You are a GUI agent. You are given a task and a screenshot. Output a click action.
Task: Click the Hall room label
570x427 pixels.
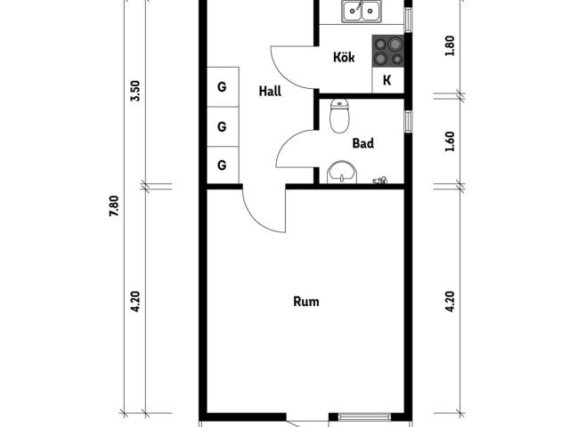pyautogui.click(x=270, y=91)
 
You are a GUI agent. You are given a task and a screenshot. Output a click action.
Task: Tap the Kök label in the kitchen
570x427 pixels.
pyautogui.click(x=344, y=57)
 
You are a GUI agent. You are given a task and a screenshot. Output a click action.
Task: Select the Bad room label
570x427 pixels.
pyautogui.click(x=362, y=143)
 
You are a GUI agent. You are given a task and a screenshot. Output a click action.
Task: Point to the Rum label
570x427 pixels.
pyautogui.click(x=306, y=302)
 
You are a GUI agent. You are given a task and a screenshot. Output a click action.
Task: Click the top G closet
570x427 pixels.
pyautogui.click(x=223, y=87)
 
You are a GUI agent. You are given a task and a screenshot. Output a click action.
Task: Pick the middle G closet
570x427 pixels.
pyautogui.click(x=223, y=126)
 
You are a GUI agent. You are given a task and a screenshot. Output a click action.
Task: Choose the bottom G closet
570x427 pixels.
pyautogui.click(x=223, y=165)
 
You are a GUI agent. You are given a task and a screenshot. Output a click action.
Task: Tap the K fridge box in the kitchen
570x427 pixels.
pyautogui.click(x=388, y=80)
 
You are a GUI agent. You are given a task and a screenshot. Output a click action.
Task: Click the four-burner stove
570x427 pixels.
pyautogui.click(x=388, y=52)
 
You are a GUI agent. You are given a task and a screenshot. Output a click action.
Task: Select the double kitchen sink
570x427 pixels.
pyautogui.click(x=362, y=12)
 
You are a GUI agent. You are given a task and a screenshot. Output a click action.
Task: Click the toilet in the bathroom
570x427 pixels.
pyautogui.click(x=339, y=117)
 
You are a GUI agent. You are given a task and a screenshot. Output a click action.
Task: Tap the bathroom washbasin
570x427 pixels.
pyautogui.click(x=342, y=173)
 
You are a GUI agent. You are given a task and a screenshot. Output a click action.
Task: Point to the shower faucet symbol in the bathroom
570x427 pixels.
pyautogui.click(x=380, y=180)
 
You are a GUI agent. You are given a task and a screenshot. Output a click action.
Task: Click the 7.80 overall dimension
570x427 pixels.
pyautogui.click(x=114, y=205)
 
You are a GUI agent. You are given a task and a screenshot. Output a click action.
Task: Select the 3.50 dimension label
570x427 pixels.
pyautogui.click(x=134, y=91)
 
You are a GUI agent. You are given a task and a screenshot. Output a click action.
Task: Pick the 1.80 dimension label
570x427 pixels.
pyautogui.click(x=450, y=45)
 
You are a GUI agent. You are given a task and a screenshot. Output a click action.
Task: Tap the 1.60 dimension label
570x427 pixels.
pyautogui.click(x=450, y=141)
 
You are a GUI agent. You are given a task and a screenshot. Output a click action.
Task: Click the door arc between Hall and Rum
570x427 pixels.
pyautogui.click(x=255, y=220)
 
